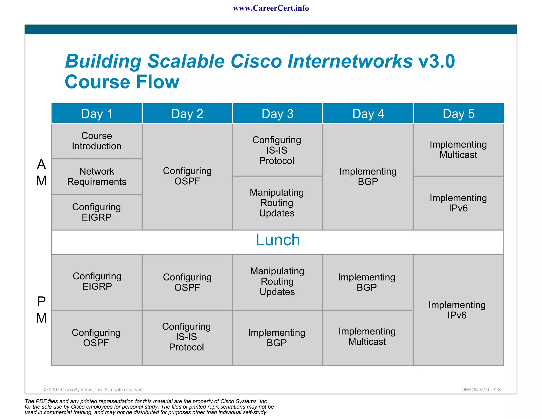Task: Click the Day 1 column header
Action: (97, 114)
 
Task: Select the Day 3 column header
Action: (277, 114)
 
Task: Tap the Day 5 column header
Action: (458, 114)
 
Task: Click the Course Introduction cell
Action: (97, 141)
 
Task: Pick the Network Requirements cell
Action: (97, 176)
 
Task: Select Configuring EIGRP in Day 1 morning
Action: (97, 212)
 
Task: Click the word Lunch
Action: (278, 240)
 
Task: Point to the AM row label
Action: (41, 172)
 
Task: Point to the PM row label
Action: (41, 310)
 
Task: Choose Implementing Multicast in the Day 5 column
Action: (458, 150)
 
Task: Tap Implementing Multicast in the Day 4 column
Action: (367, 336)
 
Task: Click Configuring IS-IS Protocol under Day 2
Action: (187, 337)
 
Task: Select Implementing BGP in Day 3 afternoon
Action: (277, 338)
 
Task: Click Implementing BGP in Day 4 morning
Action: (368, 176)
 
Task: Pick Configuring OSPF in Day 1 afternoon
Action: (96, 338)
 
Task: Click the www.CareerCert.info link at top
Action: (271, 8)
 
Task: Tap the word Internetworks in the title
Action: (350, 61)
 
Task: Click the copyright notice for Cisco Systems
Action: (94, 390)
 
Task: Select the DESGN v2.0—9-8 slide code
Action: (481, 390)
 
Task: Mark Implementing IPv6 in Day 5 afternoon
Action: (457, 310)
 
